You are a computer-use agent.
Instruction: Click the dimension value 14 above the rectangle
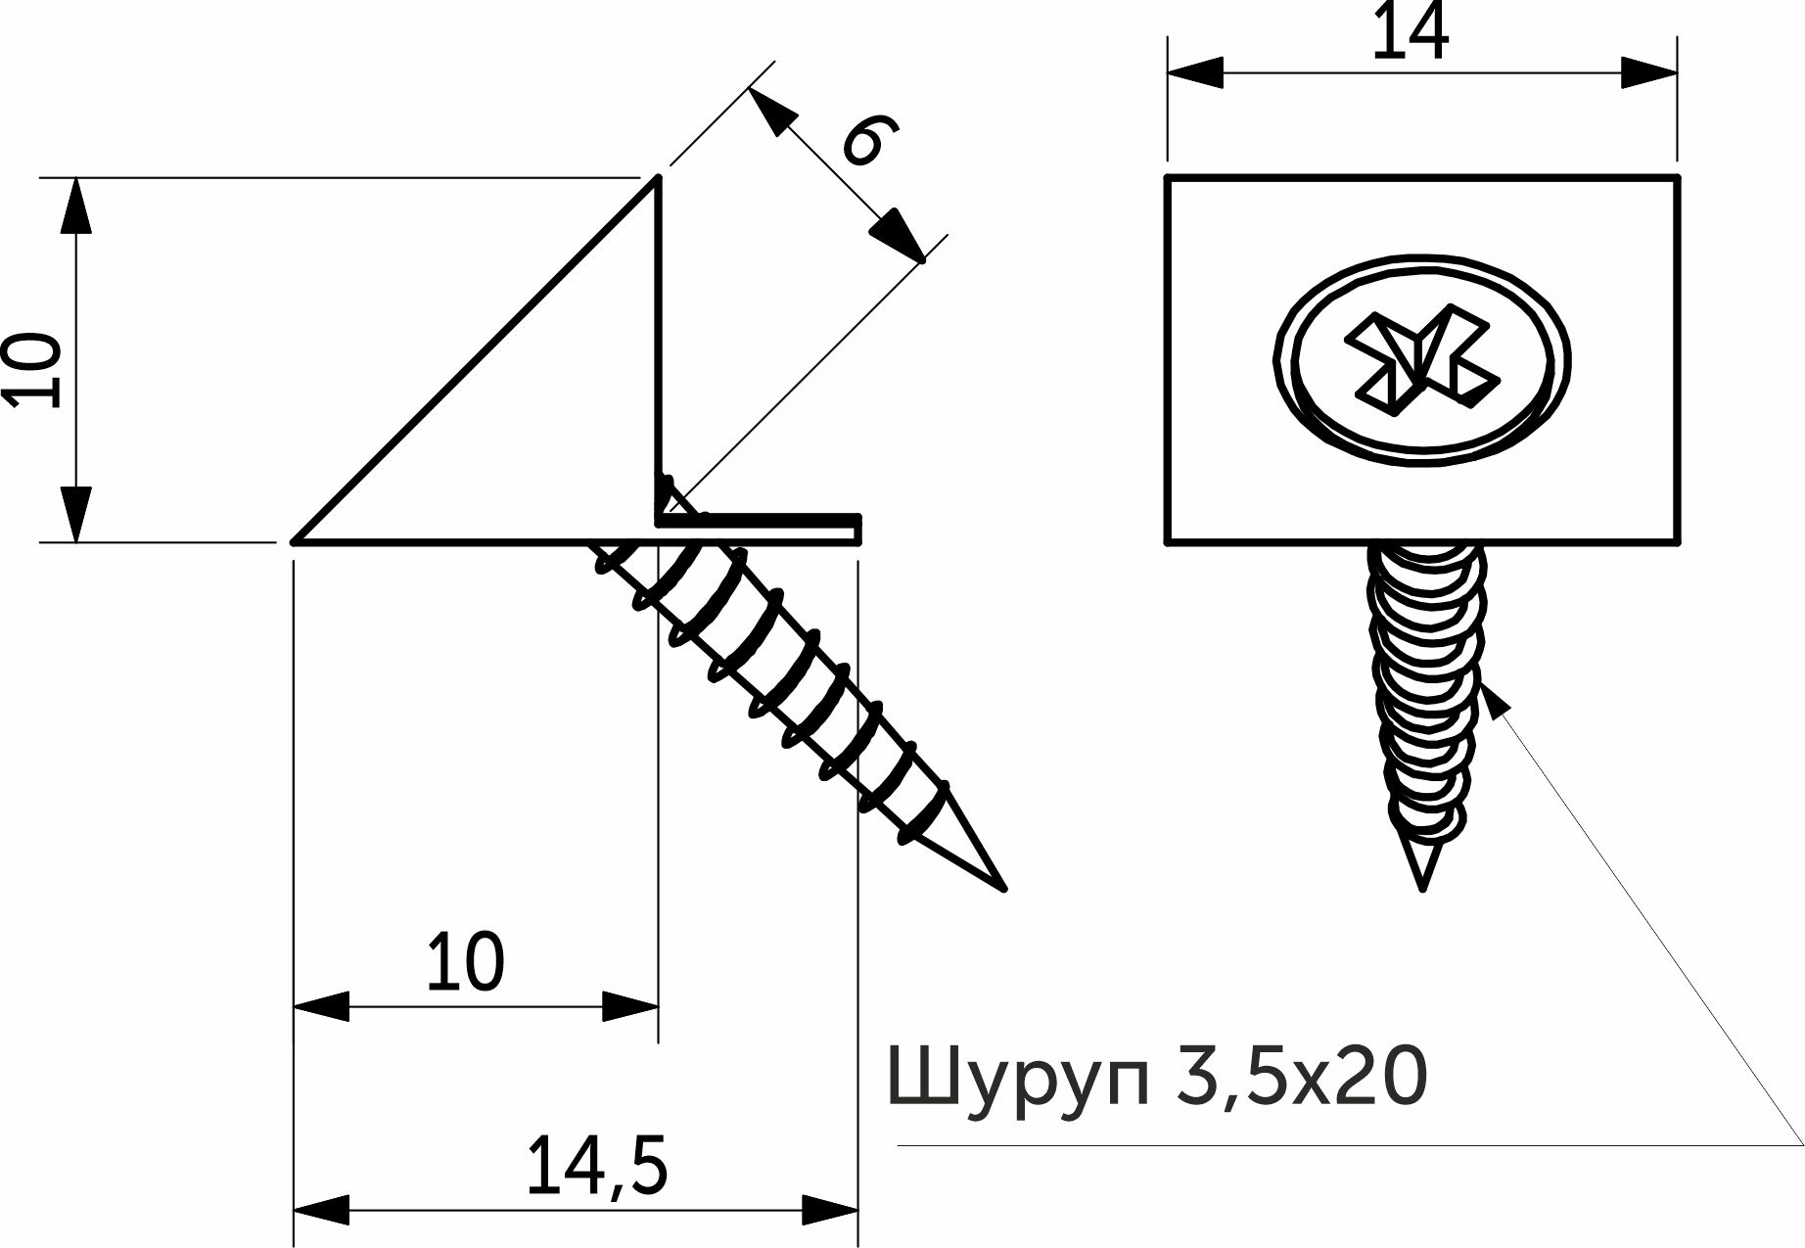click(1410, 32)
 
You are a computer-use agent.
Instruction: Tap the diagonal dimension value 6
click(870, 140)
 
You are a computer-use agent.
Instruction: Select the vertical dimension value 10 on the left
click(32, 369)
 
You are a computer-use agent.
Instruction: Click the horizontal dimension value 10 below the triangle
click(465, 961)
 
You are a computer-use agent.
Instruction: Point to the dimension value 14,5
click(597, 1167)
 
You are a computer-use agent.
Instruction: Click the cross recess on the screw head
click(1421, 358)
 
